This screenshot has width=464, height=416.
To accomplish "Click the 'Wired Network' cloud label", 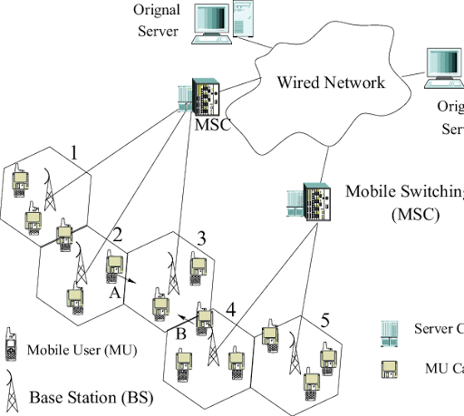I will click(x=331, y=82).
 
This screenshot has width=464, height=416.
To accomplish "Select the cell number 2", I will click(x=116, y=235).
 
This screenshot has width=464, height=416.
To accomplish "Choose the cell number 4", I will click(x=231, y=310).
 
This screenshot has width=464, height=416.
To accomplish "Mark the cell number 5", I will click(x=325, y=320).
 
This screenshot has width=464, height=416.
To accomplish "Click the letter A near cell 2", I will click(x=114, y=295).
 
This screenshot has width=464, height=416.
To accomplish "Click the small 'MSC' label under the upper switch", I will click(x=214, y=124).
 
